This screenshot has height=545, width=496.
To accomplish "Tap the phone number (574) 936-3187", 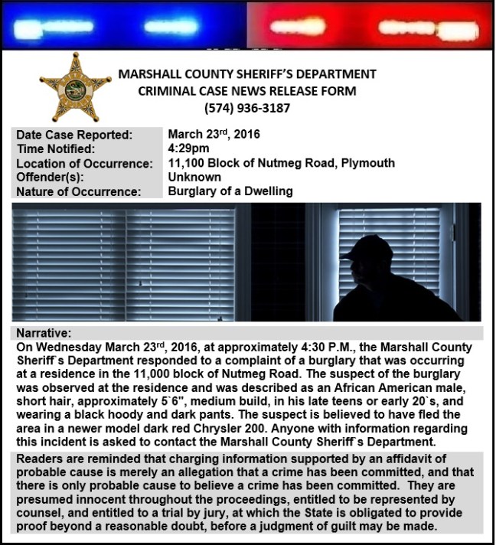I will [x=247, y=108].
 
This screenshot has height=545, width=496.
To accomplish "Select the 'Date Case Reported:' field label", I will [x=74, y=135].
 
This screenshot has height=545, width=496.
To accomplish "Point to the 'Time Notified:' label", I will [x=56, y=149].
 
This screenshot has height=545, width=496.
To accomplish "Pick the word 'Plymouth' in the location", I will [x=368, y=163].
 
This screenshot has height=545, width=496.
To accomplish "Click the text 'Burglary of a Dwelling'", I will [x=230, y=191].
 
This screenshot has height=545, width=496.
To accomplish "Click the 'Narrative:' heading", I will [x=44, y=334].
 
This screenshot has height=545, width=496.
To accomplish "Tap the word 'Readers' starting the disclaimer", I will [x=40, y=459].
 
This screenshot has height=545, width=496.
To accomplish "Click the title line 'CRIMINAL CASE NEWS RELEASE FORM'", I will [x=247, y=91].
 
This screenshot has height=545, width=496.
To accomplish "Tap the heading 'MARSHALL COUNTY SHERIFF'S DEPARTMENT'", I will [x=247, y=74].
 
